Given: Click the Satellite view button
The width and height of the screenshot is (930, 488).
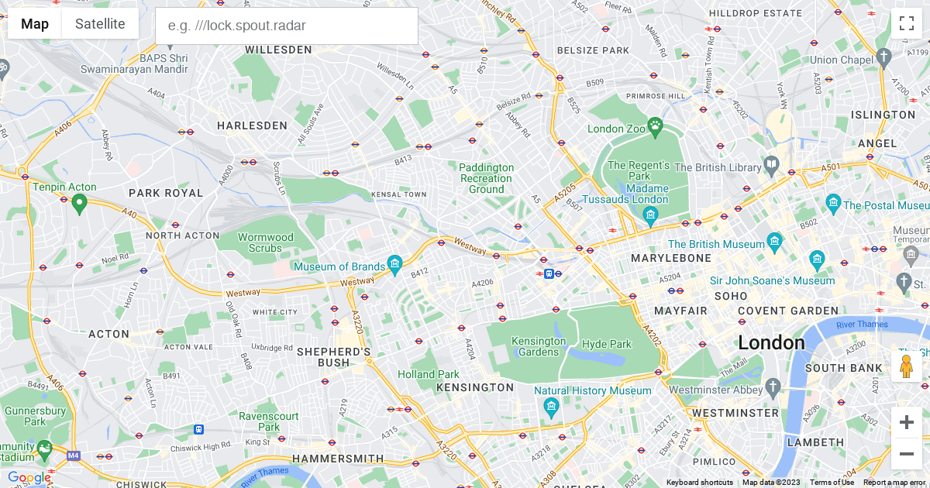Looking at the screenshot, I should pos(100,24).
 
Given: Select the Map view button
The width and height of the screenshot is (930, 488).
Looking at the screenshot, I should pos(35,24).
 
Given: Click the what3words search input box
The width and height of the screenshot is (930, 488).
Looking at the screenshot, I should pos(287,26).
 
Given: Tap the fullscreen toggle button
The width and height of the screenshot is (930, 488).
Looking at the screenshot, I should pos(906,23).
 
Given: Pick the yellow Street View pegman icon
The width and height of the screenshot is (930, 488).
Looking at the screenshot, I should pos(906,366).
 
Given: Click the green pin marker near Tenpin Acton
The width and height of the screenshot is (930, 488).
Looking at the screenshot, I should pos(78,204).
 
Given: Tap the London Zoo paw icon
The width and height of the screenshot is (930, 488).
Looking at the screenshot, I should pos(656,125).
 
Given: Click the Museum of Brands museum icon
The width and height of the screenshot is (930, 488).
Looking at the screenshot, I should pos(395,265).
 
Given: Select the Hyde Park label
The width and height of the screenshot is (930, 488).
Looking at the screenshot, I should pos(607,344).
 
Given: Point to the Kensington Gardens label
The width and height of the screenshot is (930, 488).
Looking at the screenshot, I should pos(539,346).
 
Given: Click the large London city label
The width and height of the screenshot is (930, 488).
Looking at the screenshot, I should pos(771,342).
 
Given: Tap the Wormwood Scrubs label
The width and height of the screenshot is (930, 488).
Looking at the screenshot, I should pos(266,242).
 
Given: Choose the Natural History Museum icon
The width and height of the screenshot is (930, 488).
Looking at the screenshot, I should pos(551,406).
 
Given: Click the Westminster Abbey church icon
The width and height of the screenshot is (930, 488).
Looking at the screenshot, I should pos(772,386).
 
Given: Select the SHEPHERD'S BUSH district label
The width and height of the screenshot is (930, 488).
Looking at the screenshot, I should pos(334,357).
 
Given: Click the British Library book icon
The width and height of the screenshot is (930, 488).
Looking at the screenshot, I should pos(772,165).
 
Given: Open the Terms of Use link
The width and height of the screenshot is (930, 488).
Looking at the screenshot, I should pos(832,483).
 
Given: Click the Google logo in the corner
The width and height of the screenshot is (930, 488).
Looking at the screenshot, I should pos(29,477).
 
